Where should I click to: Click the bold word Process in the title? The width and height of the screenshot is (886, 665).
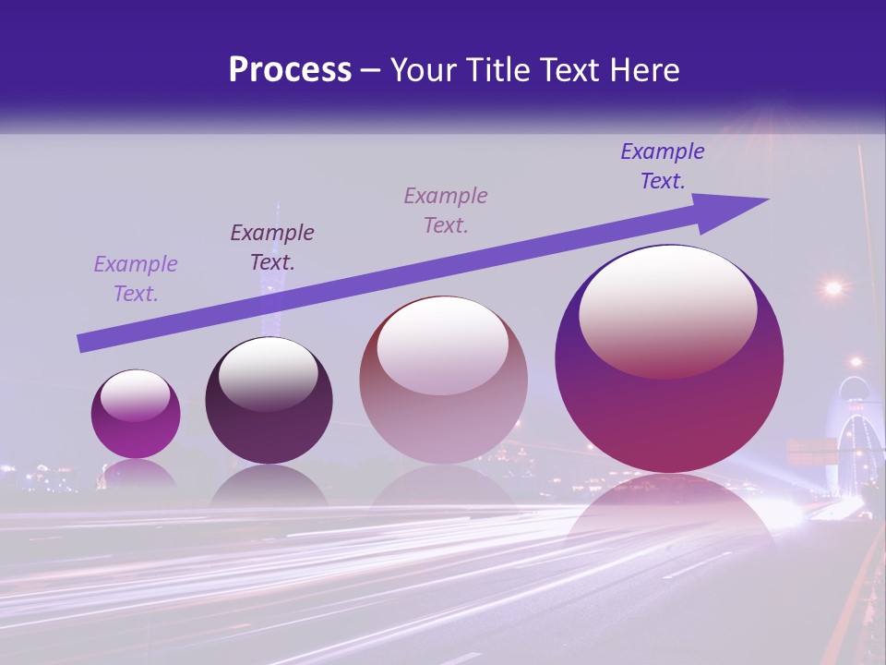(290, 70)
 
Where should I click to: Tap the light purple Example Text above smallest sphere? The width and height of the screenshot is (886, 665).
(136, 279)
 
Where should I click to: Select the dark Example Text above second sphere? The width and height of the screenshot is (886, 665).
(272, 248)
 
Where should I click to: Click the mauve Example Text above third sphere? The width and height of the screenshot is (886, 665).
(446, 211)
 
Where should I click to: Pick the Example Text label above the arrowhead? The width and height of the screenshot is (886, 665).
(663, 166)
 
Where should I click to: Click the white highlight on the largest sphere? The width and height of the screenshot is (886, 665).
(667, 311)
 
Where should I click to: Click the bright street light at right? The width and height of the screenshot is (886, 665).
(833, 288)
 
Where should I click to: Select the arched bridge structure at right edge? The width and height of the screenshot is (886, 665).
(858, 434)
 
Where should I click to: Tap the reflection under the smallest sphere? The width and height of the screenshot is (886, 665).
(137, 475)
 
